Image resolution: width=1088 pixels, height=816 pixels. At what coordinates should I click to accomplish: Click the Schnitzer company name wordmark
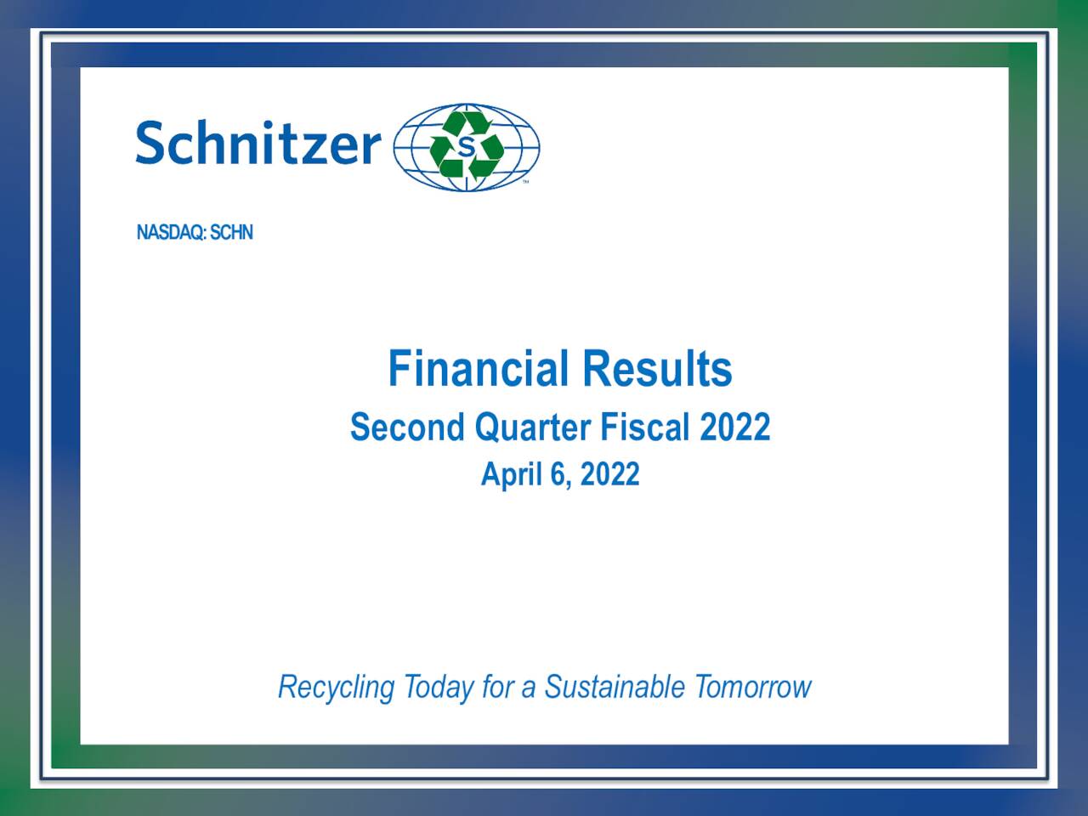pos(258,143)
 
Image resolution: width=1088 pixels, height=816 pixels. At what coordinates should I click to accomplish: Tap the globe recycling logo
pos(467,147)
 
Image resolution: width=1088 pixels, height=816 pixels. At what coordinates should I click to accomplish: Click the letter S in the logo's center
pos(467,147)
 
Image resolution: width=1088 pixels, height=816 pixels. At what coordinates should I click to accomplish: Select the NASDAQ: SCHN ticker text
pos(195,233)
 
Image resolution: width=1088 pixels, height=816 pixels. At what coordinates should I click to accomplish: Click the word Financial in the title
pos(478,369)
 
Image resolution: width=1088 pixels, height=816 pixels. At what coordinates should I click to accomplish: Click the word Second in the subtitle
pos(407,427)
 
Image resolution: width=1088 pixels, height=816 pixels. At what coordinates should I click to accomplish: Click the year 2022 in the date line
pos(609,474)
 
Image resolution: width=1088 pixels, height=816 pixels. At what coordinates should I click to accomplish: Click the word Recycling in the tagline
pos(337,687)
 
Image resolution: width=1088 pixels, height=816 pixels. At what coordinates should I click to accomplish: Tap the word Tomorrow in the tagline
pos(753,686)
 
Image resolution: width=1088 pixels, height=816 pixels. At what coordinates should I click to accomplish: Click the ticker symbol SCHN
pos(231,233)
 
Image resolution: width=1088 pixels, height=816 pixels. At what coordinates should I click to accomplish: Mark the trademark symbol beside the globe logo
pos(525,182)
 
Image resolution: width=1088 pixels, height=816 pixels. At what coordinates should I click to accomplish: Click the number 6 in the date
pos(558,474)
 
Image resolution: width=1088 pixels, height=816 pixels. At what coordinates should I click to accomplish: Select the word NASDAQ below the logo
pos(170,233)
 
